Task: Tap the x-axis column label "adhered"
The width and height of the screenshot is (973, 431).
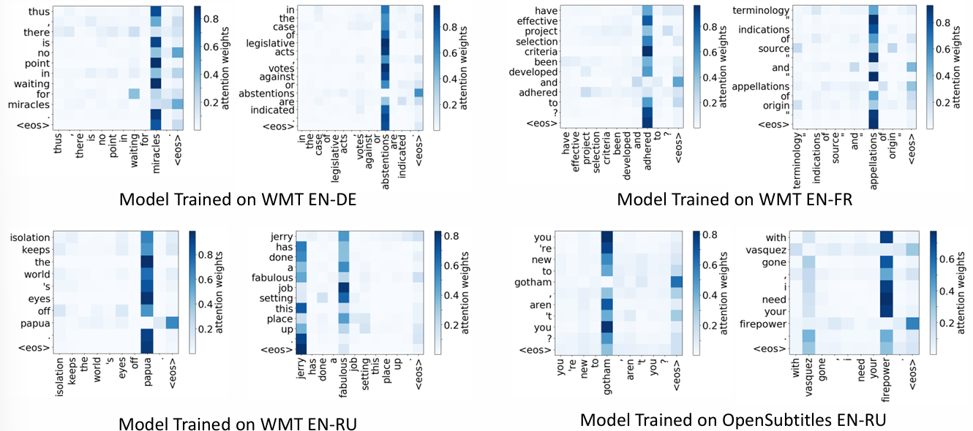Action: tap(646, 151)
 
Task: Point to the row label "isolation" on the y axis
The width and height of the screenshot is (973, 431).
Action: tap(30, 237)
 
